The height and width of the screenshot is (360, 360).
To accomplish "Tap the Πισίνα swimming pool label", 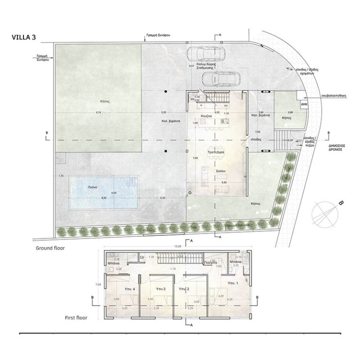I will [x=92, y=187].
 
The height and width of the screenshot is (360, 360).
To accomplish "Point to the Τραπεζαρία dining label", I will [x=217, y=153].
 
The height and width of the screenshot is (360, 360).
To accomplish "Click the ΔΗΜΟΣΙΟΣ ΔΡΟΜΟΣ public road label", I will [x=334, y=148].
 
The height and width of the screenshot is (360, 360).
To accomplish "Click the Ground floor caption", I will [x=50, y=248].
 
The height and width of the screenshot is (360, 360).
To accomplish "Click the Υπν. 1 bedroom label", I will [x=232, y=284].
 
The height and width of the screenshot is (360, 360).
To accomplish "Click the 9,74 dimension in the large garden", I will [x=98, y=113].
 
